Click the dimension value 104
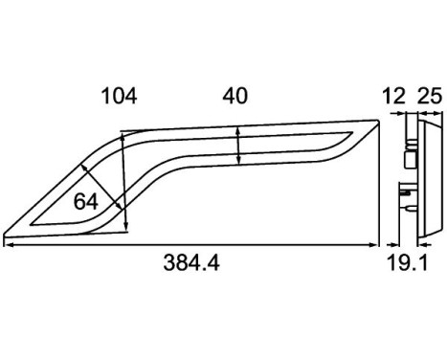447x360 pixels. coord(119,96)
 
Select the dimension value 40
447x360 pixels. coord(235,96)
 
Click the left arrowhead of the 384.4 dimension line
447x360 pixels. coord(8,245)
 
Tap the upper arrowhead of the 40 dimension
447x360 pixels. coord(237,130)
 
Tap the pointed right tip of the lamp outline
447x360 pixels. coord(377,121)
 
